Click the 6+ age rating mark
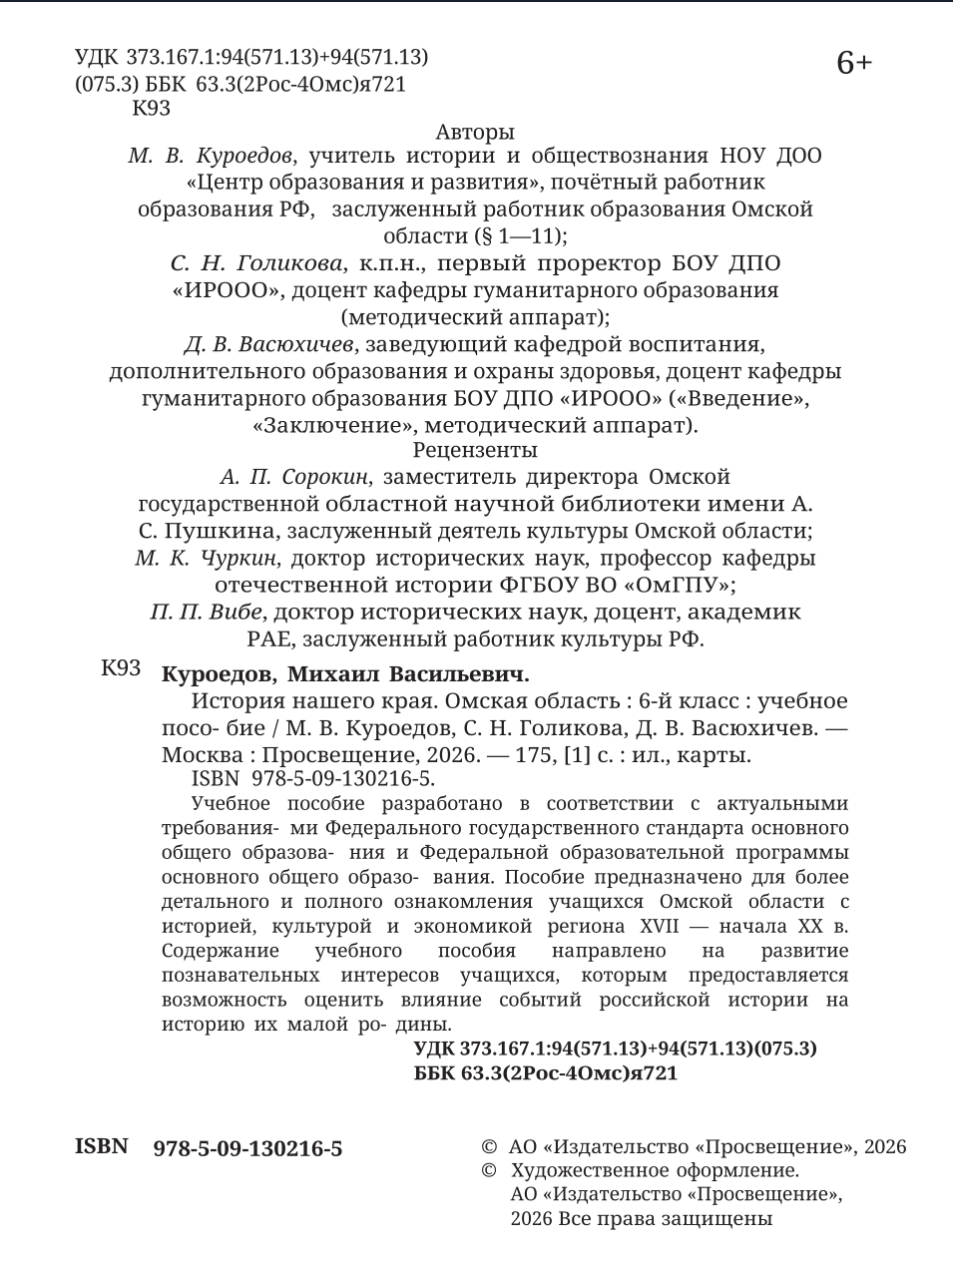854,64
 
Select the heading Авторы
475,132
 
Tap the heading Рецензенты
475,450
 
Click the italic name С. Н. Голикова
256,263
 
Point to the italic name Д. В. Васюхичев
269,344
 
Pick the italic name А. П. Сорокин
294,477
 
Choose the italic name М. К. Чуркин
207,558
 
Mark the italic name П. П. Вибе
207,612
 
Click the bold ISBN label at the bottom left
102,1146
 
